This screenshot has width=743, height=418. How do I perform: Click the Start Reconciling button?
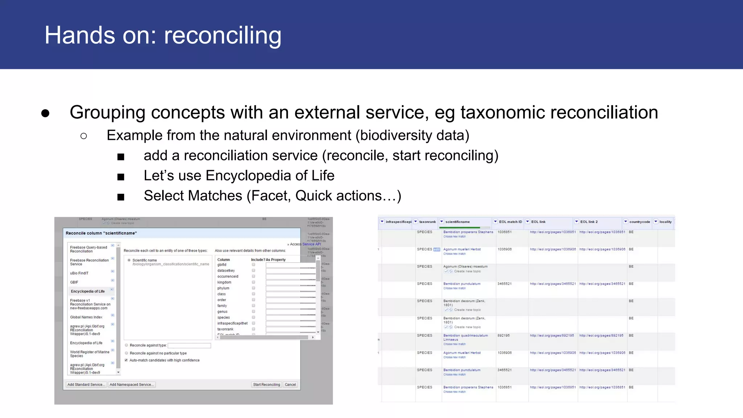[267, 385]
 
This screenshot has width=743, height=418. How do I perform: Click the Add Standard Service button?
[86, 385]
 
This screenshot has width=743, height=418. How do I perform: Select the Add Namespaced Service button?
[132, 385]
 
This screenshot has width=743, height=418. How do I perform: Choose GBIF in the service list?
[74, 282]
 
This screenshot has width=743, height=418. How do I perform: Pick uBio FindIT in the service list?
[79, 273]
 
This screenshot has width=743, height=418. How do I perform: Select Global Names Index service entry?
[86, 317]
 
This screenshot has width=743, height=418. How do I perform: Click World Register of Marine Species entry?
[90, 354]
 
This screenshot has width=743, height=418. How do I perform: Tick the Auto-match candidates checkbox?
[126, 360]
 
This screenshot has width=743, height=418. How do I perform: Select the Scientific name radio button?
[129, 260]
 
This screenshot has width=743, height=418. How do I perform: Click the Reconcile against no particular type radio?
[127, 353]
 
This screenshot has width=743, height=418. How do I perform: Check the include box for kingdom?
[254, 282]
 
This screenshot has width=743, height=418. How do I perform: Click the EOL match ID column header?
[510, 222]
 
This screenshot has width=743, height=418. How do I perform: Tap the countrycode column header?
[639, 222]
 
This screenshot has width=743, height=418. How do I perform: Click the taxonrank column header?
[427, 222]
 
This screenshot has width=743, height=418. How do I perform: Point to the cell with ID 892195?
[504, 336]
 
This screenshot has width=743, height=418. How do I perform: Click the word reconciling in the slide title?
[222, 36]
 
